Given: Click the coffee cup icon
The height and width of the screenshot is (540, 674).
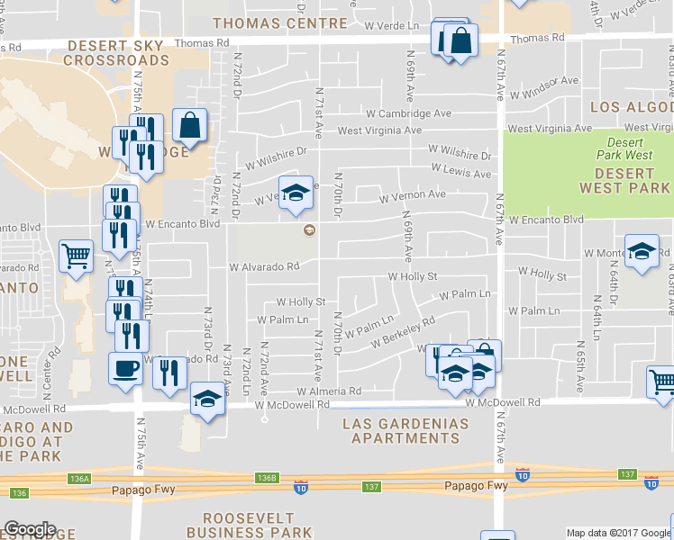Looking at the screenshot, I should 125,367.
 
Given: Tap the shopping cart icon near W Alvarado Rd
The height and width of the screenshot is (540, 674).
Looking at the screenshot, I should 76,255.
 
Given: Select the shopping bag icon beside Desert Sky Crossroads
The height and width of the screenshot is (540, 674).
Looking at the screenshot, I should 190,126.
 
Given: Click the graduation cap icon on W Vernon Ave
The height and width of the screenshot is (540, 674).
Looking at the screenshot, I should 296,193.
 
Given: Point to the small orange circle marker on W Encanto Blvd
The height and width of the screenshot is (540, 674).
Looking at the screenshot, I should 309,230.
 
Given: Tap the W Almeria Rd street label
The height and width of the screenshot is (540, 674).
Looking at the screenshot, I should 330,391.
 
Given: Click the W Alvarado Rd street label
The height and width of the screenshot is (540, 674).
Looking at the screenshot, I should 264,267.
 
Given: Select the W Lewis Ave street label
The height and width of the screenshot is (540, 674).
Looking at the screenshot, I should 460,171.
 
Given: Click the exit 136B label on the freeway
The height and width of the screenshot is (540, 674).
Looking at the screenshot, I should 266,477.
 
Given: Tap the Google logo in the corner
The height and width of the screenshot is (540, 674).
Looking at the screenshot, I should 30,529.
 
